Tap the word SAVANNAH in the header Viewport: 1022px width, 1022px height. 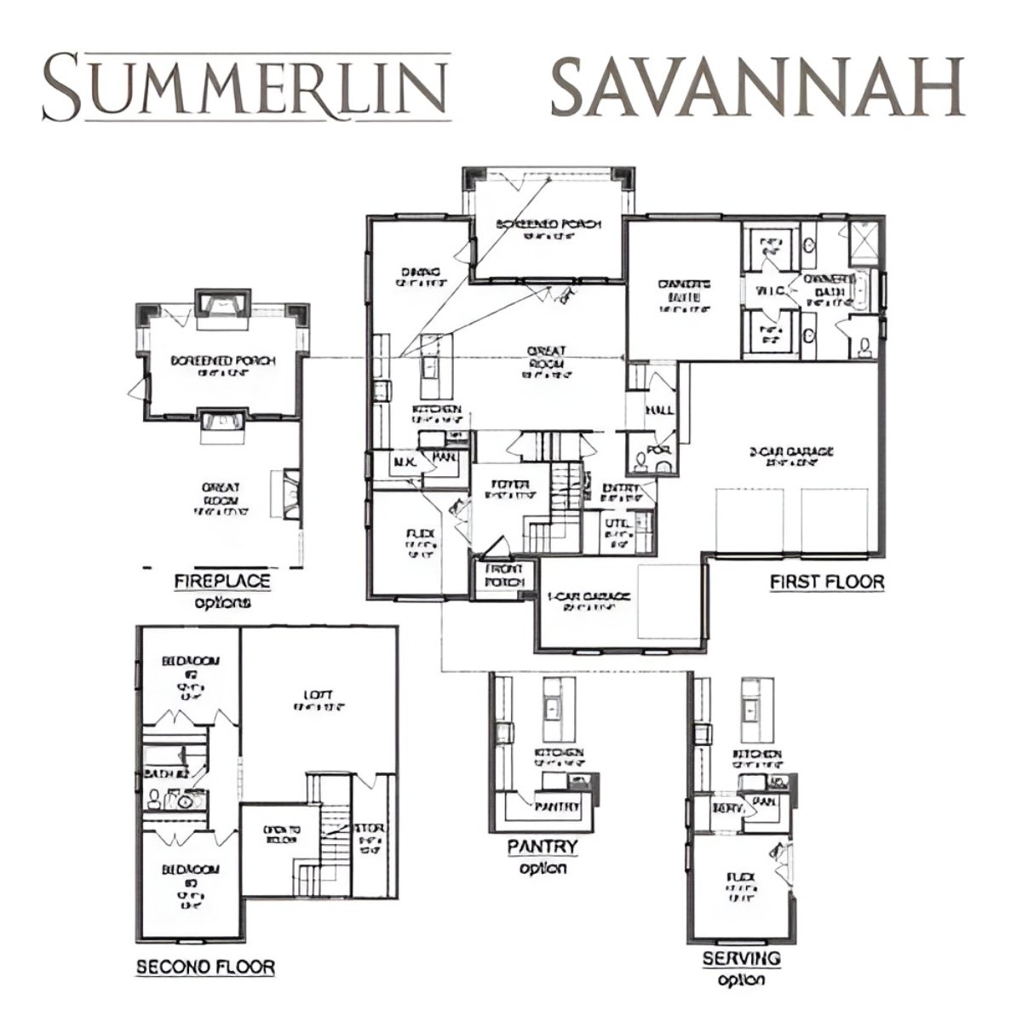[x=757, y=87]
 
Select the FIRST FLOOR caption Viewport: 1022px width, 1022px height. [x=826, y=583]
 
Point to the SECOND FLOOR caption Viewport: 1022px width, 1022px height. [x=205, y=967]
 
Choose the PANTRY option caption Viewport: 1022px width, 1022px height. [x=543, y=847]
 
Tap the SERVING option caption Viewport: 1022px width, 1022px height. [x=741, y=958]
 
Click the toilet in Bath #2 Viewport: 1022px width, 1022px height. [x=154, y=799]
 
